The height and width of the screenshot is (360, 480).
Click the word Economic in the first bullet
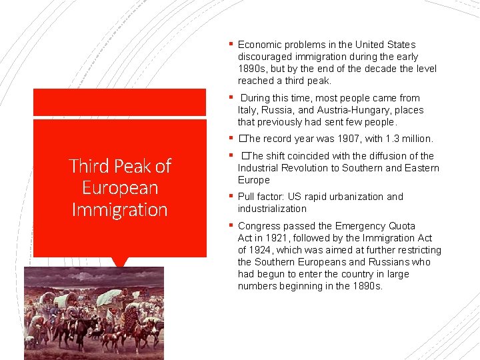[260, 45]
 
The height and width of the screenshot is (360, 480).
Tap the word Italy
[248, 110]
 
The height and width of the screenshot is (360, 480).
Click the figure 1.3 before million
[386, 139]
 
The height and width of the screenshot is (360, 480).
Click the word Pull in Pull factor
[248, 197]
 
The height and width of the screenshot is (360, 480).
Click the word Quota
[401, 226]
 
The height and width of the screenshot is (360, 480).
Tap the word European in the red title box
[119, 187]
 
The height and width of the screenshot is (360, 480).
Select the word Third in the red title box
[90, 165]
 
